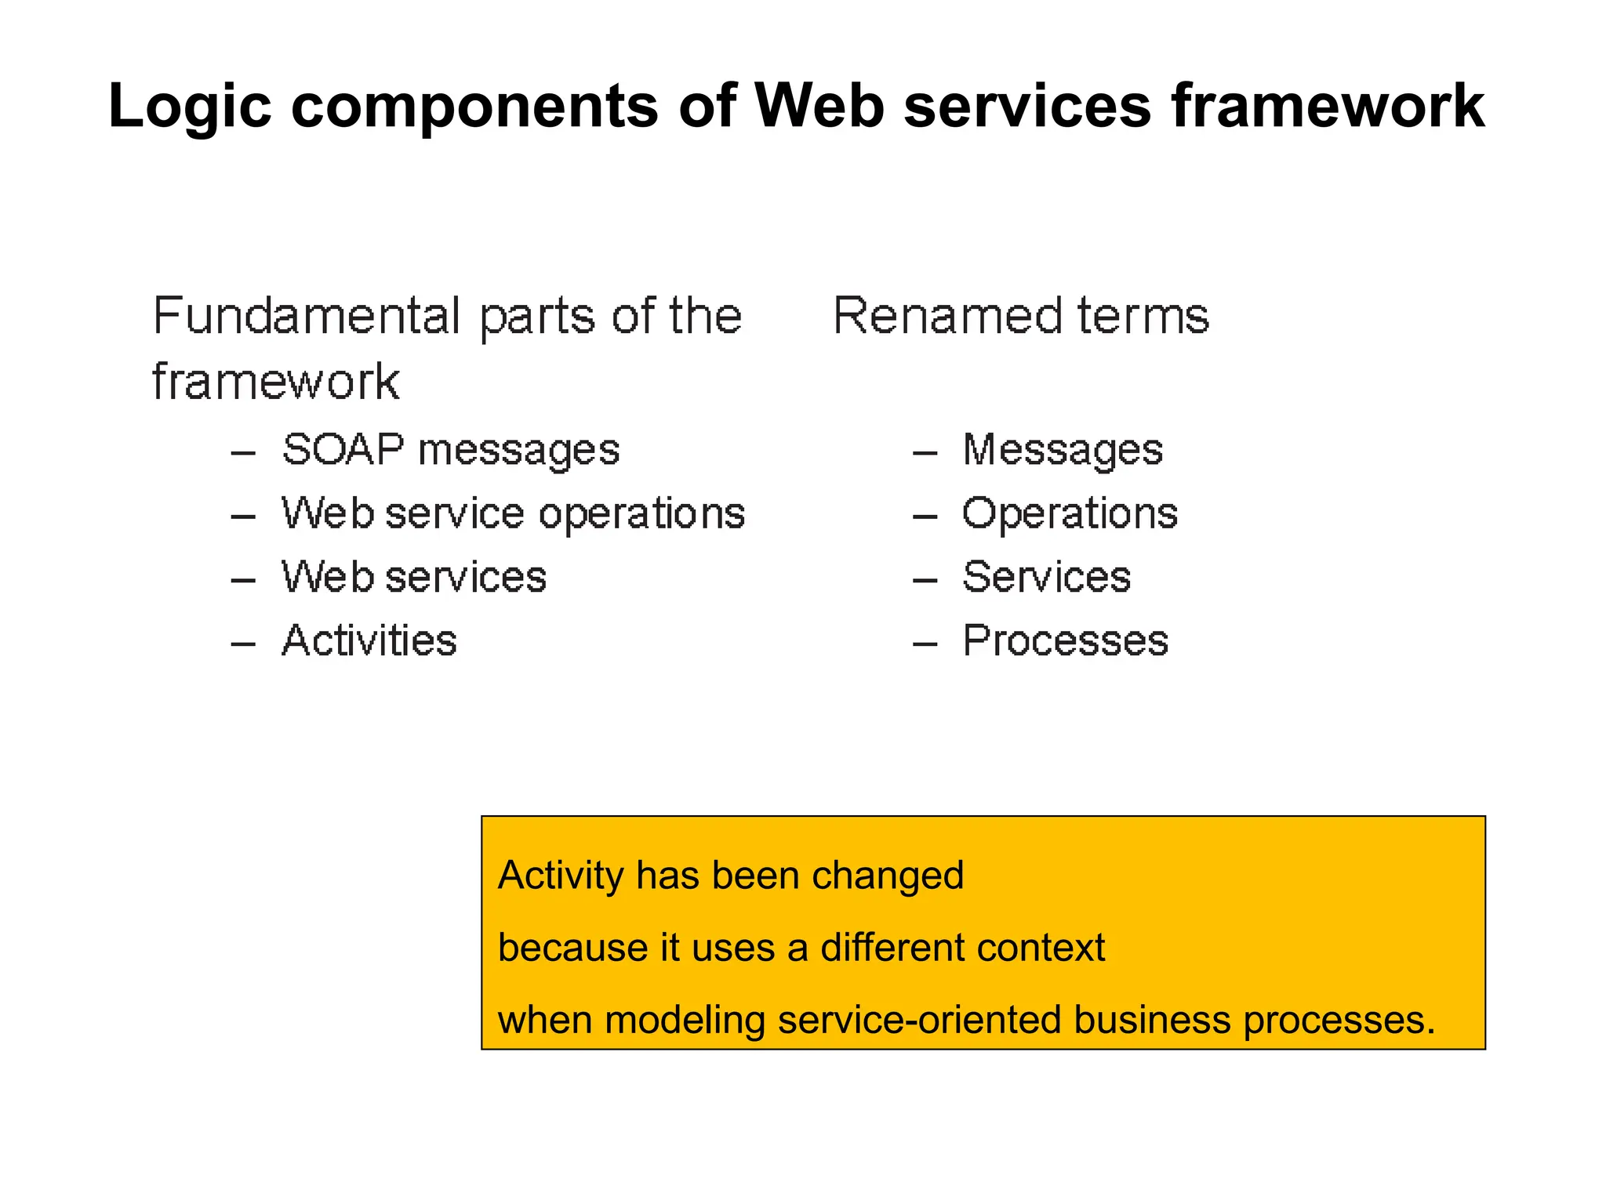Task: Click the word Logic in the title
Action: [x=189, y=107]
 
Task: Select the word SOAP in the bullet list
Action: [x=343, y=450]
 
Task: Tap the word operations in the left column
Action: [x=641, y=515]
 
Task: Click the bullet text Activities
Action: [x=369, y=640]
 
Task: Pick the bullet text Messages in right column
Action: [x=1063, y=451]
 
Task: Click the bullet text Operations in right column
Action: [x=1070, y=514]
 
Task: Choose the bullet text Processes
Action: [x=1065, y=640]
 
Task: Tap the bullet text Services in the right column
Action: [x=1046, y=577]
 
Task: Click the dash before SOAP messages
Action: [x=243, y=453]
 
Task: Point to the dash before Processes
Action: [x=925, y=644]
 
